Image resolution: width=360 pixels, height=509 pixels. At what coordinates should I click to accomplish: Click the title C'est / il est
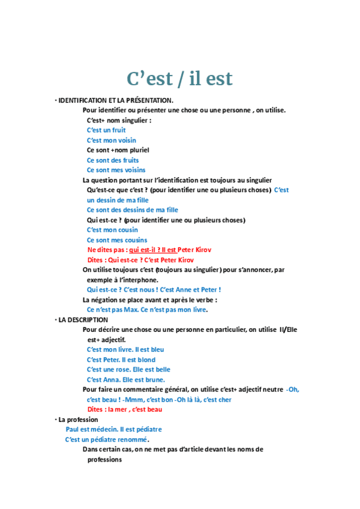point(179,78)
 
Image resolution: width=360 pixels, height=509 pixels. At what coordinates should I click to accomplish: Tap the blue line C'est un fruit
point(106,130)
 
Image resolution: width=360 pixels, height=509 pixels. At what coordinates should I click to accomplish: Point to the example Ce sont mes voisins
point(116,170)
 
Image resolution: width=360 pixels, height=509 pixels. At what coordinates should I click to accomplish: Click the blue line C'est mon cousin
point(112,230)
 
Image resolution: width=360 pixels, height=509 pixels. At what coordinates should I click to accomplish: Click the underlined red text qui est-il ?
point(144,250)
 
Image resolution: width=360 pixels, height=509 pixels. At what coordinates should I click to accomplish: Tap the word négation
point(107,300)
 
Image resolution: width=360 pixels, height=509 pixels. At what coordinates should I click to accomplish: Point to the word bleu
point(157,349)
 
